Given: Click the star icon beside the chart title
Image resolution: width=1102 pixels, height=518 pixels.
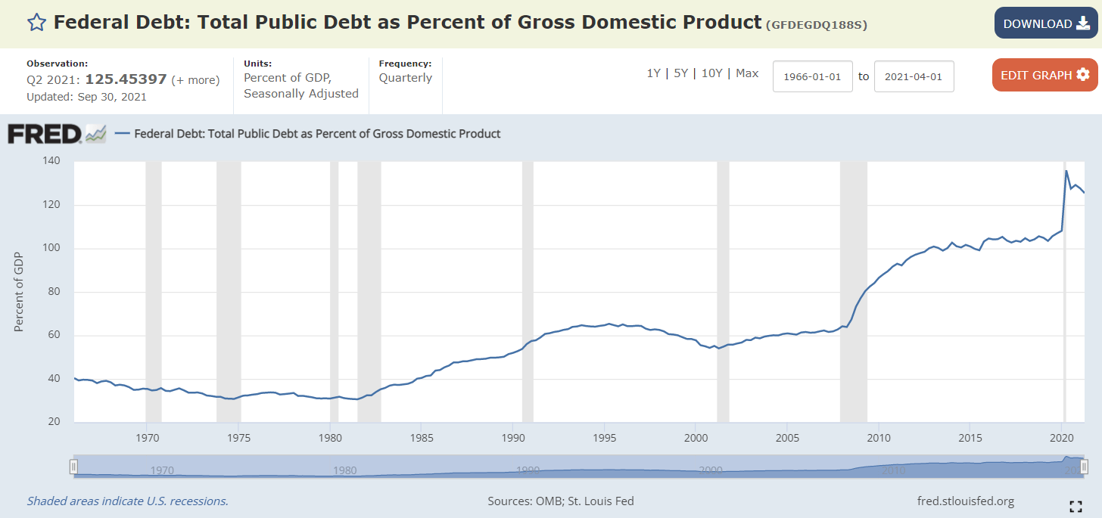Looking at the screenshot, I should (x=36, y=23).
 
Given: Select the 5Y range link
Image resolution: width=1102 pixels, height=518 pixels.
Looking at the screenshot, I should (x=681, y=73).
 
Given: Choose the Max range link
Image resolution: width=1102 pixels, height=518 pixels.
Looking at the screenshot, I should (x=747, y=73).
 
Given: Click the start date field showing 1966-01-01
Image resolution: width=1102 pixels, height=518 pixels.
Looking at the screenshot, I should (x=813, y=76).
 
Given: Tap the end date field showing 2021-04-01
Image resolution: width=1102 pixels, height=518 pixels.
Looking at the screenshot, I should (x=914, y=76).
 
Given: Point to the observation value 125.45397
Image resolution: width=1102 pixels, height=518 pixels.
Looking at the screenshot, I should (x=126, y=79).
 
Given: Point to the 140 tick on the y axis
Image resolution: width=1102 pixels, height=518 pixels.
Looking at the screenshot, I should (x=51, y=161).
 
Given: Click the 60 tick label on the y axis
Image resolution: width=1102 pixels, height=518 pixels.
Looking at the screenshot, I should (x=53, y=336).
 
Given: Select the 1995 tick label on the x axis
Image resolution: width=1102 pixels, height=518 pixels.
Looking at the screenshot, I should (x=604, y=439).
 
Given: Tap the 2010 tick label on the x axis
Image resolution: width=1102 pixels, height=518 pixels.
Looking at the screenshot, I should (x=878, y=439).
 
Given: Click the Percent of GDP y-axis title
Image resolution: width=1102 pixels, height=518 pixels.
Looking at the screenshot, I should (x=19, y=292).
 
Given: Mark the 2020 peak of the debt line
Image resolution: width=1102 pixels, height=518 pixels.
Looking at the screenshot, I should (x=1066, y=171).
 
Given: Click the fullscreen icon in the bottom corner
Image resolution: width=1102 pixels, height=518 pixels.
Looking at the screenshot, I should (x=1075, y=506).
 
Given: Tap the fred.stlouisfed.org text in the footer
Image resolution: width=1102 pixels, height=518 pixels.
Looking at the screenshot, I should (x=965, y=501).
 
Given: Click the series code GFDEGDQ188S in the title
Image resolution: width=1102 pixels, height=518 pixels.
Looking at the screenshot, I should (x=817, y=25).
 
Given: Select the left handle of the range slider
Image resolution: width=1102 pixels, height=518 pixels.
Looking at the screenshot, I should (x=73, y=466).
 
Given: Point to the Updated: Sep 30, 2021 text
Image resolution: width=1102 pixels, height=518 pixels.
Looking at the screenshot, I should (x=86, y=96).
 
